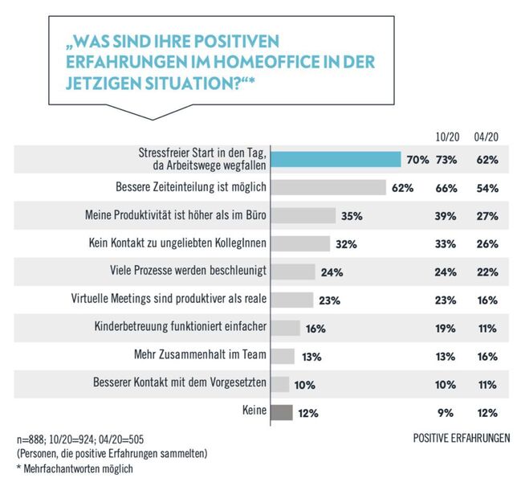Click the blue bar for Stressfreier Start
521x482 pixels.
pos(336,159)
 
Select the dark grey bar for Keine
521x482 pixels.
pos(282,412)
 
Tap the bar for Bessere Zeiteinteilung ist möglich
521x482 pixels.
pos(328,187)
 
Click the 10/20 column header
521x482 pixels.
pos(446,137)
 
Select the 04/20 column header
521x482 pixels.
pos(486,137)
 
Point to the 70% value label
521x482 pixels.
pos(417,160)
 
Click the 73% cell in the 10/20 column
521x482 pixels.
pos(446,160)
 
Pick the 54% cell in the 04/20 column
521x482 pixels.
pos(486,188)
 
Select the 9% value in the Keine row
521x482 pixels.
pos(449,413)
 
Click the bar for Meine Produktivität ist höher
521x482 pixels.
pos(303,215)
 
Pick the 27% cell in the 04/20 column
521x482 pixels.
pos(486,216)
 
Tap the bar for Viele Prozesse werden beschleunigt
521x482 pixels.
pos(293,272)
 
